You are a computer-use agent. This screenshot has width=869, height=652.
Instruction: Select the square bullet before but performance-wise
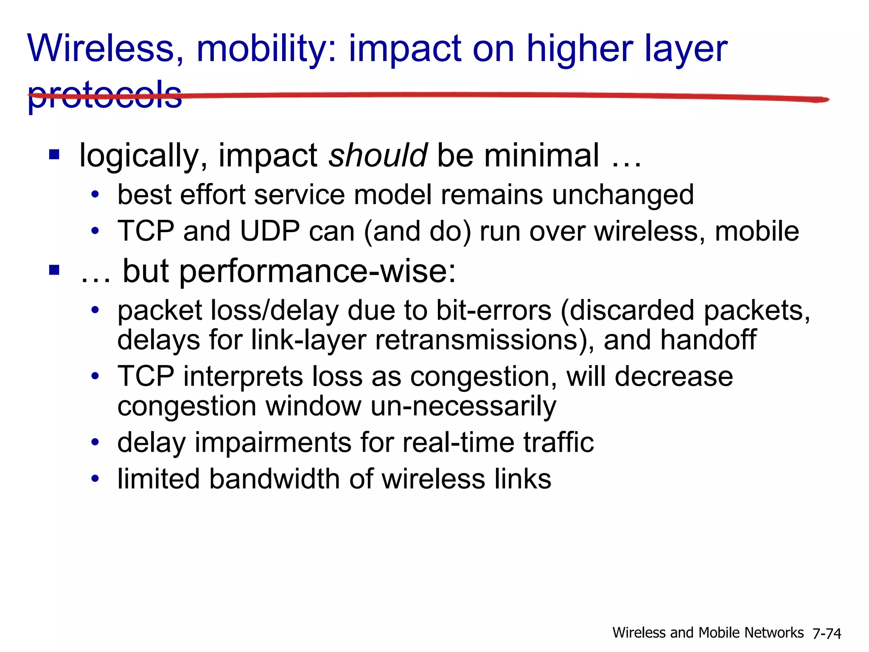(54, 270)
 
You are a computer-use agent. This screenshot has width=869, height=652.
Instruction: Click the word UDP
(270, 231)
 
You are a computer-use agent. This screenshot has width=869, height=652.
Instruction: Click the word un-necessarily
(463, 406)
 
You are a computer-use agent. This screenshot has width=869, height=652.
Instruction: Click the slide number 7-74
(827, 633)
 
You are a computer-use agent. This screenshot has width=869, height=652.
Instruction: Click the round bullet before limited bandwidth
(95, 479)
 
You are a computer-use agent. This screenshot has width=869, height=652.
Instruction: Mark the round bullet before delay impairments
(95, 442)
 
